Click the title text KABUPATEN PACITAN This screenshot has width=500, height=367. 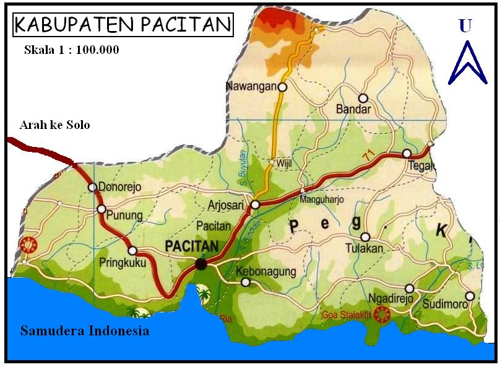[x=123, y=24]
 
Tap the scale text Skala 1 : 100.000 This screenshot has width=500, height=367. [x=71, y=50]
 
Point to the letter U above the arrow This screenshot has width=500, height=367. [x=465, y=25]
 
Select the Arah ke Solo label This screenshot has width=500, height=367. [x=54, y=125]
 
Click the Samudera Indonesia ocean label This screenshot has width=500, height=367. [x=85, y=330]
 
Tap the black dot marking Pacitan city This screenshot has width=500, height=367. [x=201, y=264]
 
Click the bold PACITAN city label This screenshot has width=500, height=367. [x=192, y=246]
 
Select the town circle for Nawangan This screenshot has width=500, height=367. [x=282, y=87]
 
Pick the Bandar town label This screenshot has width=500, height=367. [x=353, y=110]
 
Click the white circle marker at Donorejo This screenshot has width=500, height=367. [x=92, y=187]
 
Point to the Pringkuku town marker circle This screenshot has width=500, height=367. [x=132, y=250]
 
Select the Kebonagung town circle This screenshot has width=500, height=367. [x=246, y=283]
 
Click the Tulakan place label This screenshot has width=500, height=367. [x=364, y=249]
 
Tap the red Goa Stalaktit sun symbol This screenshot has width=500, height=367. [x=383, y=315]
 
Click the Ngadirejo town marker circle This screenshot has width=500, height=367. [x=409, y=288]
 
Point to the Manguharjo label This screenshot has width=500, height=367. [x=321, y=200]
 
